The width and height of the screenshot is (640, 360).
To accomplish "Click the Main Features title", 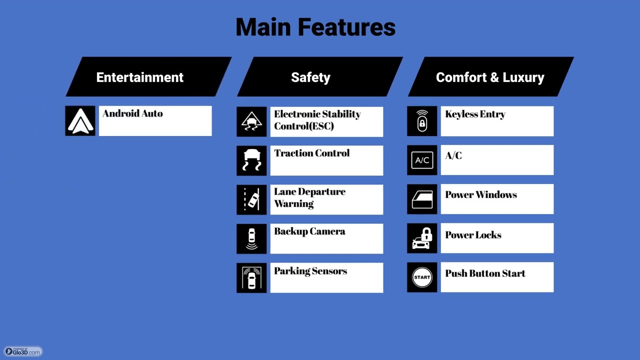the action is pyautogui.click(x=315, y=27).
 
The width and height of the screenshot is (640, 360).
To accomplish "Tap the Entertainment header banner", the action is pyautogui.click(x=148, y=76).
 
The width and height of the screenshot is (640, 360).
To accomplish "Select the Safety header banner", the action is pyautogui.click(x=320, y=76).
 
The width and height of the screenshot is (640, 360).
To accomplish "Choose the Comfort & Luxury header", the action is pyautogui.click(x=491, y=76).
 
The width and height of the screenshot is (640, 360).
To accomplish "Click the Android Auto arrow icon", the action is pyautogui.click(x=80, y=121).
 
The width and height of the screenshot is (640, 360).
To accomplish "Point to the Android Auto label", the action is pyautogui.click(x=132, y=113).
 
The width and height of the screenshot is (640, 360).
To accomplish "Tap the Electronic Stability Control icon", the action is pyautogui.click(x=251, y=121).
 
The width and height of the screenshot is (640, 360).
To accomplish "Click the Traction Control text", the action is pyautogui.click(x=311, y=153).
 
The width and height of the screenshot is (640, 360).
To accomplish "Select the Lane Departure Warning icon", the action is pyautogui.click(x=251, y=199).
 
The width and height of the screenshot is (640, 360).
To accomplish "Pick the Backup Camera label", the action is pyautogui.click(x=309, y=231).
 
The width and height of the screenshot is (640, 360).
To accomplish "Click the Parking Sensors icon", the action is pyautogui.click(x=251, y=277).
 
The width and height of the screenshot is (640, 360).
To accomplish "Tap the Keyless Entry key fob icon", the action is pyautogui.click(x=422, y=121).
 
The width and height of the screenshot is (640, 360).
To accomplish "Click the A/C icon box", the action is pyautogui.click(x=422, y=160).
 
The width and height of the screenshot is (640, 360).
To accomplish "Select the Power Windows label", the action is pyautogui.click(x=481, y=195).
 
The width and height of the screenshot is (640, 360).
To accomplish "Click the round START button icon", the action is pyautogui.click(x=422, y=277).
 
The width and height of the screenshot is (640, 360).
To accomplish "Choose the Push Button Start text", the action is pyautogui.click(x=485, y=273).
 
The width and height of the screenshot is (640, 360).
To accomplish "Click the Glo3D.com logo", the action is pyautogui.click(x=23, y=351).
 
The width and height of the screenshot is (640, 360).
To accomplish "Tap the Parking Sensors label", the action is pyautogui.click(x=310, y=271).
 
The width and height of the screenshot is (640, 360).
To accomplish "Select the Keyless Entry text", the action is pyautogui.click(x=475, y=114).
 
